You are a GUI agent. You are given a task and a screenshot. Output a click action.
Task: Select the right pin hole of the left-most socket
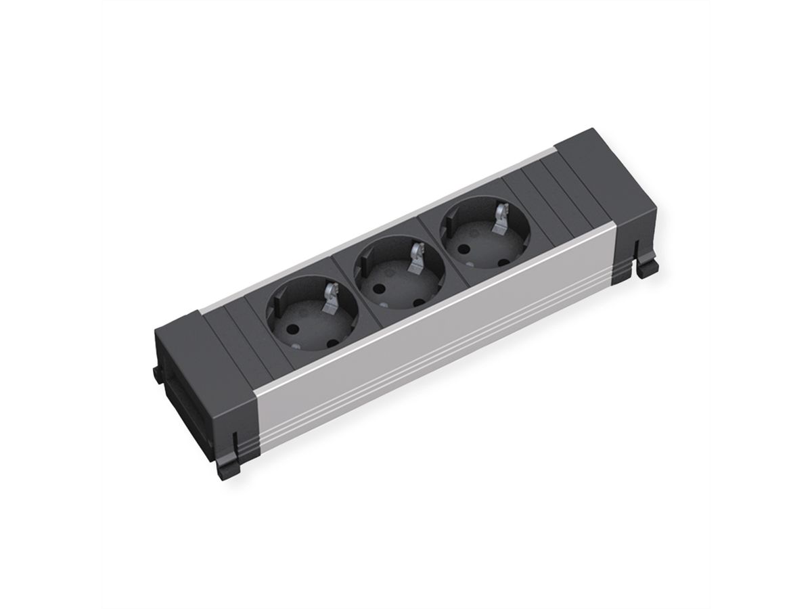pyautogui.click(x=332, y=343)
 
